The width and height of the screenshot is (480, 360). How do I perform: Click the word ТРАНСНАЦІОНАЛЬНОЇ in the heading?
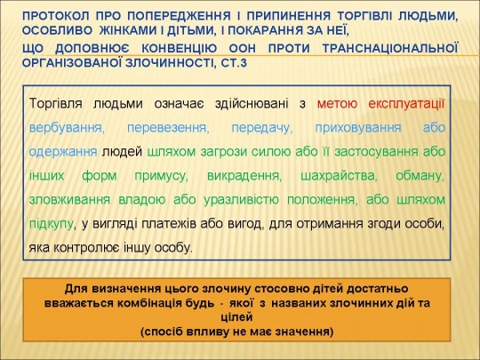tap(390, 48)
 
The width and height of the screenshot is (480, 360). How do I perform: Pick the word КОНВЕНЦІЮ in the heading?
tap(179, 48)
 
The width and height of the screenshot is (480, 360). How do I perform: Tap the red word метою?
tap(337, 104)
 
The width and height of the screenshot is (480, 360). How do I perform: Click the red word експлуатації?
tap(406, 103)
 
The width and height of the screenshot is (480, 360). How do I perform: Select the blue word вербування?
tap(67, 128)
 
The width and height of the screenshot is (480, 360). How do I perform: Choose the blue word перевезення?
tap(168, 128)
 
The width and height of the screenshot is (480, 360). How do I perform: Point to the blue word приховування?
tap(358, 128)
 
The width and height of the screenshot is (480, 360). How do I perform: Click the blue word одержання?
tap(63, 152)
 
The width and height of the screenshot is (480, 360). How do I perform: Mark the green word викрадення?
tap(244, 176)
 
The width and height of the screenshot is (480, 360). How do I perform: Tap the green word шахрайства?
tap(339, 176)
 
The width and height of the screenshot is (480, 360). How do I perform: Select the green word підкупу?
tap(52, 224)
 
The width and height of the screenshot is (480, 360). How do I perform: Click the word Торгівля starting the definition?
tap(56, 104)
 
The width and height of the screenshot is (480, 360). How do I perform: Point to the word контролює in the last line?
tap(87, 248)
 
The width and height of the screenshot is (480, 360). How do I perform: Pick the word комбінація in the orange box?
tap(150, 303)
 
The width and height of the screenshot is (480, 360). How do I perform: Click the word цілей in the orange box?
tap(236, 317)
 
